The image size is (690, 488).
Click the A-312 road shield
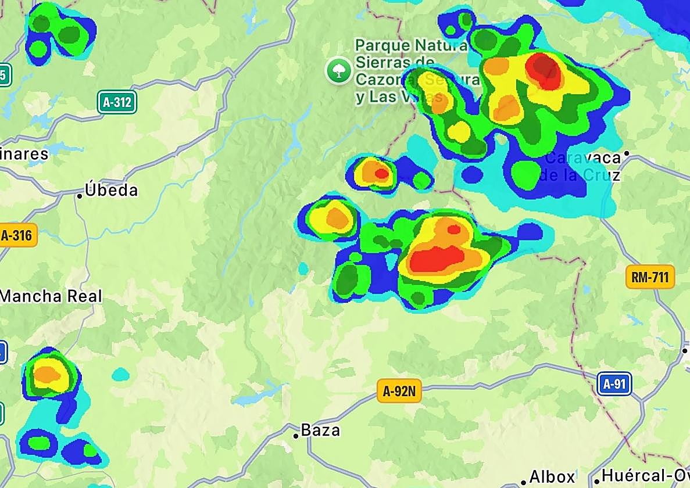tap(117, 103)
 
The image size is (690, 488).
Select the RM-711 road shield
tap(650, 277)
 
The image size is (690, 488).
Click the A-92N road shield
tap(399, 392)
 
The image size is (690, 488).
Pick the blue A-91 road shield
tap(614, 383)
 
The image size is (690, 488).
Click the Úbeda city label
tap(111, 190)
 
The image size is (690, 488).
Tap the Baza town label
tap(320, 430)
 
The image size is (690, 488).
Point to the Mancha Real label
tap(51, 296)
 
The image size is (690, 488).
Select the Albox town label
tap(552, 478)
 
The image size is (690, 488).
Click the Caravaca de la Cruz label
tap(581, 166)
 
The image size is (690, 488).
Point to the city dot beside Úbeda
tap(80, 196)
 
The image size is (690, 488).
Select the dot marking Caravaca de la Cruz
tap(627, 154)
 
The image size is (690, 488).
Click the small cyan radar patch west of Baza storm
tap(120, 374)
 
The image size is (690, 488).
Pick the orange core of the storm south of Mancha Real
tap(47, 374)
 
